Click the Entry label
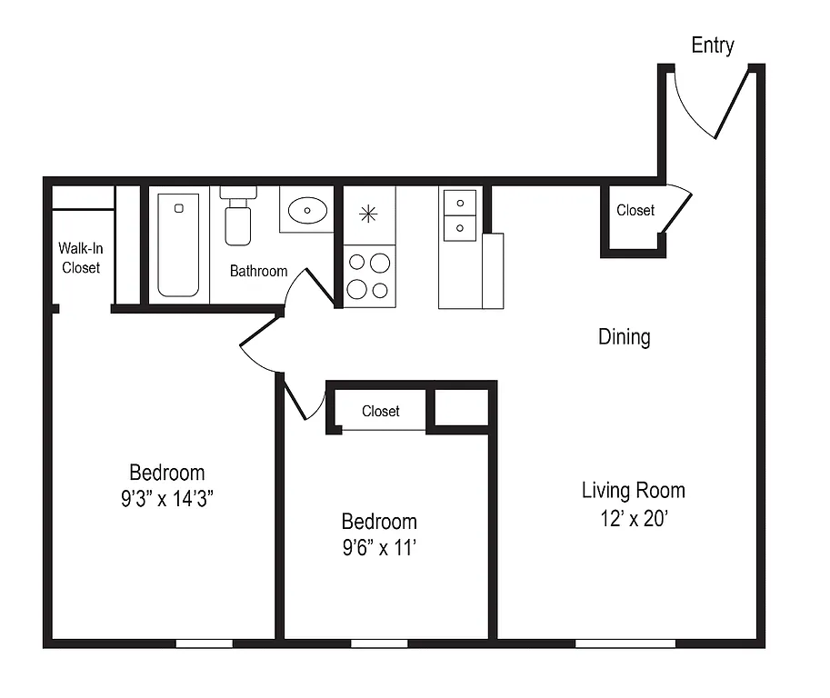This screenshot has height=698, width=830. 712,45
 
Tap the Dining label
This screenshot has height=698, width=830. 624,337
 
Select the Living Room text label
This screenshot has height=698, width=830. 633,491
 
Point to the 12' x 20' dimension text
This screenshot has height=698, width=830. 633,519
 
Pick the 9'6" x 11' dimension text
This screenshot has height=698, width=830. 379,548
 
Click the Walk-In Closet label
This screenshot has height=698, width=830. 80,257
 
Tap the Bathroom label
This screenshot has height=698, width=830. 258,271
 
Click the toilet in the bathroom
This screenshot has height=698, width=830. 238,218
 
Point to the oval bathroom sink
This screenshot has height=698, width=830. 306,211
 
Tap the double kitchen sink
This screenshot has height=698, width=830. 460,214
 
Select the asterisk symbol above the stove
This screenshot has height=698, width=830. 368,214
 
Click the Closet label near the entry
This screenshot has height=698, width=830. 635,210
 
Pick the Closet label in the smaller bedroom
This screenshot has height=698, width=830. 380,411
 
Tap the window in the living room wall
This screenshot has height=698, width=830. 625,643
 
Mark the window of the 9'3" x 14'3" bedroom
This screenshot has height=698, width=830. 204,643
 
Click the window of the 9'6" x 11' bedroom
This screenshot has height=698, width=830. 379,643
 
